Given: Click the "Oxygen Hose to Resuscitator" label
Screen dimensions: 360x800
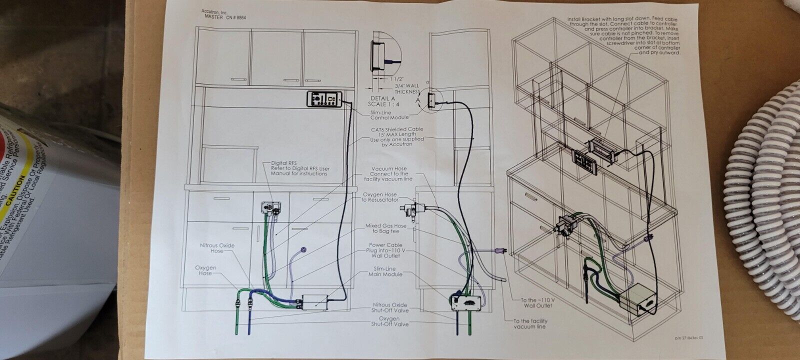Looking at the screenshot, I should click(390, 197).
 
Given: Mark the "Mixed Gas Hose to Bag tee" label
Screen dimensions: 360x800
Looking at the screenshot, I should click(389, 229).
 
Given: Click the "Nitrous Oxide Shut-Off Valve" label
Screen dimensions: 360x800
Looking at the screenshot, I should click(390, 308).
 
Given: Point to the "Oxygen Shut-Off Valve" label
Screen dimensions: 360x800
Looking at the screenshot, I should click(390, 321).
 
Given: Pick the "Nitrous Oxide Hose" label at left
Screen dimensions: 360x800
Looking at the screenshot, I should click(217, 248).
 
